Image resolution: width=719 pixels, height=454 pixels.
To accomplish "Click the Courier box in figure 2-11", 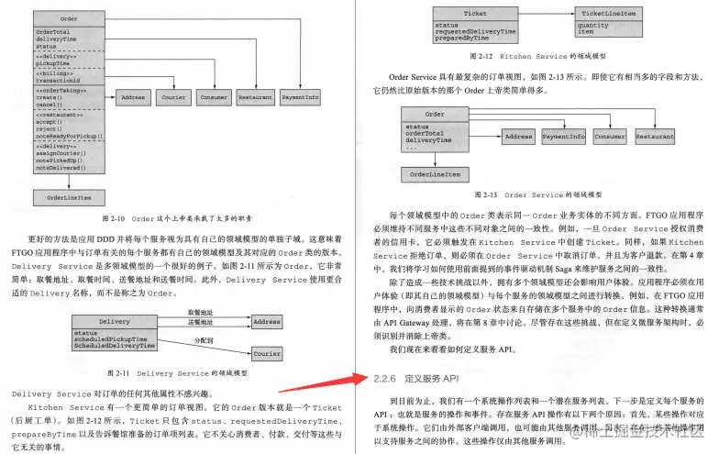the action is tap(267, 353).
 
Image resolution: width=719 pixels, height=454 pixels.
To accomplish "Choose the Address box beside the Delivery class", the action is tap(267, 322).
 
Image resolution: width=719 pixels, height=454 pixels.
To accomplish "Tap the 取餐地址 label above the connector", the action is tap(199, 313).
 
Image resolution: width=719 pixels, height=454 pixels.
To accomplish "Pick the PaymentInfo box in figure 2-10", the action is tap(300, 96).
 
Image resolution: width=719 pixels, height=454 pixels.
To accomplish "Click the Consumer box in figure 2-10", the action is tap(214, 96).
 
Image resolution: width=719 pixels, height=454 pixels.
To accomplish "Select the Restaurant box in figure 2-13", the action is tap(655, 136).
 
